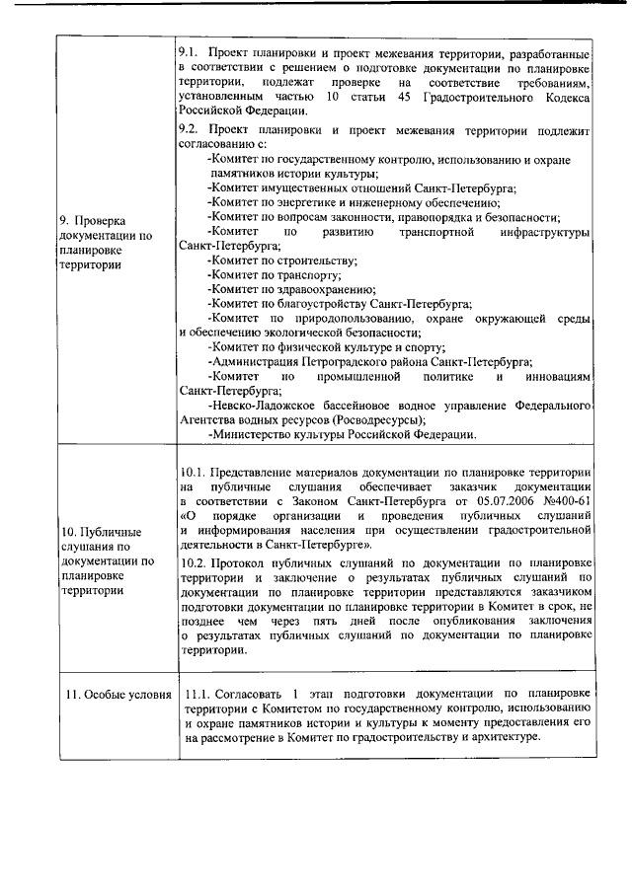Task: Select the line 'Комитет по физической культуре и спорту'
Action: (326, 347)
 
